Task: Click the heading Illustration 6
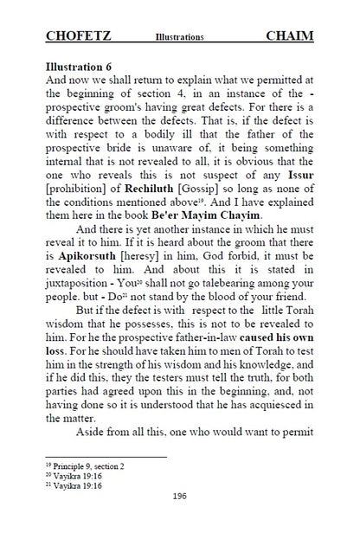pos(82,66)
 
